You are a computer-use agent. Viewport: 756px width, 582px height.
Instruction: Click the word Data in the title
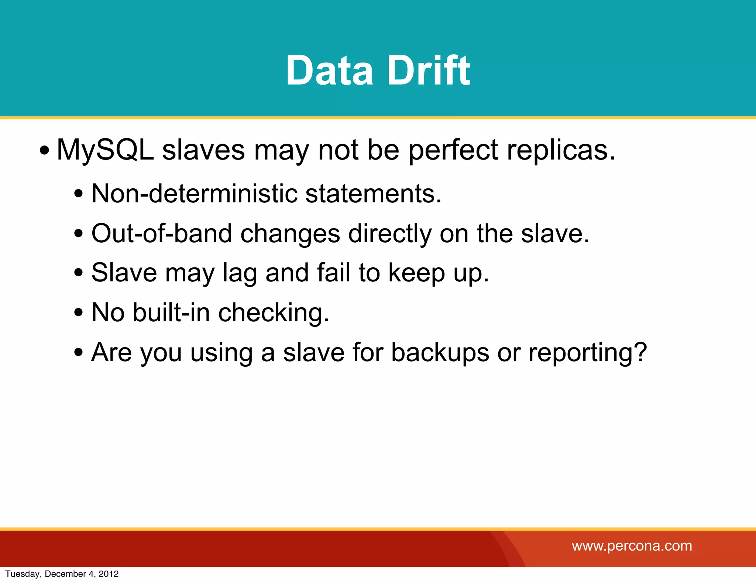pyautogui.click(x=329, y=70)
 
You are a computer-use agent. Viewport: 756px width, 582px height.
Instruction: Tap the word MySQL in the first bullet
pyautogui.click(x=105, y=150)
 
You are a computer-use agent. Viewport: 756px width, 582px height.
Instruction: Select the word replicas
pyautogui.click(x=561, y=150)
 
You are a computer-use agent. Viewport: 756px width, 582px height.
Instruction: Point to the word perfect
pyautogui.click(x=453, y=150)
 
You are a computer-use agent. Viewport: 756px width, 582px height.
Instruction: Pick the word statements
pyautogui.click(x=373, y=194)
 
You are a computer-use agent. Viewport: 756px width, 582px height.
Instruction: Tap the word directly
pyautogui.click(x=389, y=234)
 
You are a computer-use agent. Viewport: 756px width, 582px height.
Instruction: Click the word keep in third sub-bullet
pyautogui.click(x=416, y=273)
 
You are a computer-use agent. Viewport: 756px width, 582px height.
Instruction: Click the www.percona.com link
pyautogui.click(x=632, y=546)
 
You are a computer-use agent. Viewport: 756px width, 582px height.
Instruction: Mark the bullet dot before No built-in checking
pyautogui.click(x=78, y=313)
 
